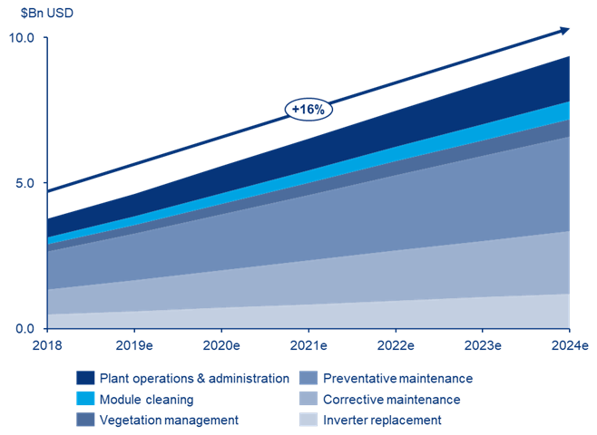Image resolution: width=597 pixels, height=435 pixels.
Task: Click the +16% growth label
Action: click(309, 110)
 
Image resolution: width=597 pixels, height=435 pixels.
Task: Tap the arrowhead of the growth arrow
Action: click(565, 30)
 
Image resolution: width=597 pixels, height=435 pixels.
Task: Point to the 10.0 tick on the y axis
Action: click(21, 37)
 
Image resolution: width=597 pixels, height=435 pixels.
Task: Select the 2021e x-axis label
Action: click(308, 346)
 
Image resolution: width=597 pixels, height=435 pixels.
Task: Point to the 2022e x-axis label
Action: click(396, 346)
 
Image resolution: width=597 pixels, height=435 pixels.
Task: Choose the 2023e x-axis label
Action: click(483, 346)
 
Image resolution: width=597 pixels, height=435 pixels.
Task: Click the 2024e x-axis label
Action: click(569, 346)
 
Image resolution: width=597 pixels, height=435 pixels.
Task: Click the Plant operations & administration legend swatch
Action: click(86, 378)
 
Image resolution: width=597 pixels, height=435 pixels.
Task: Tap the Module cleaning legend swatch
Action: click(86, 399)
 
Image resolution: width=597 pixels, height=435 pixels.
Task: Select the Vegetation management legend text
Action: click(169, 420)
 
